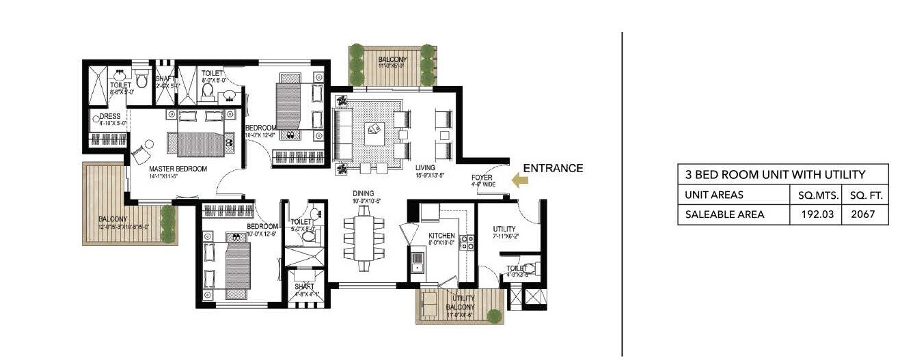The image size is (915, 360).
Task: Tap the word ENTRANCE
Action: coord(553,168)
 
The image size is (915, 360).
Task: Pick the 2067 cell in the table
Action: coord(866,214)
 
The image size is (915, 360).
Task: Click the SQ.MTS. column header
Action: coord(815,195)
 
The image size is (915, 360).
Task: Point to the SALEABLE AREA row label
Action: coord(715,214)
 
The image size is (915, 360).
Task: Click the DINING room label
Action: coord(363,193)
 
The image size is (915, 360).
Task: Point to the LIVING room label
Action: coord(425,167)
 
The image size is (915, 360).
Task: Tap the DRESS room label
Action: coord(110,117)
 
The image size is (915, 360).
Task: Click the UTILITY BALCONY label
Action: coord(463,302)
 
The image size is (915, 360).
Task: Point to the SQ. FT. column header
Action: coord(866,195)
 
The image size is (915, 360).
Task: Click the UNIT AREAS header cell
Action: coord(714,195)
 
